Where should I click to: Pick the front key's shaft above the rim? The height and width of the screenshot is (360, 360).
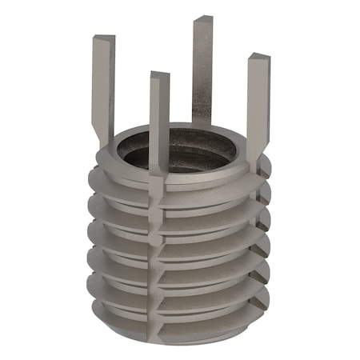point(159,120)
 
